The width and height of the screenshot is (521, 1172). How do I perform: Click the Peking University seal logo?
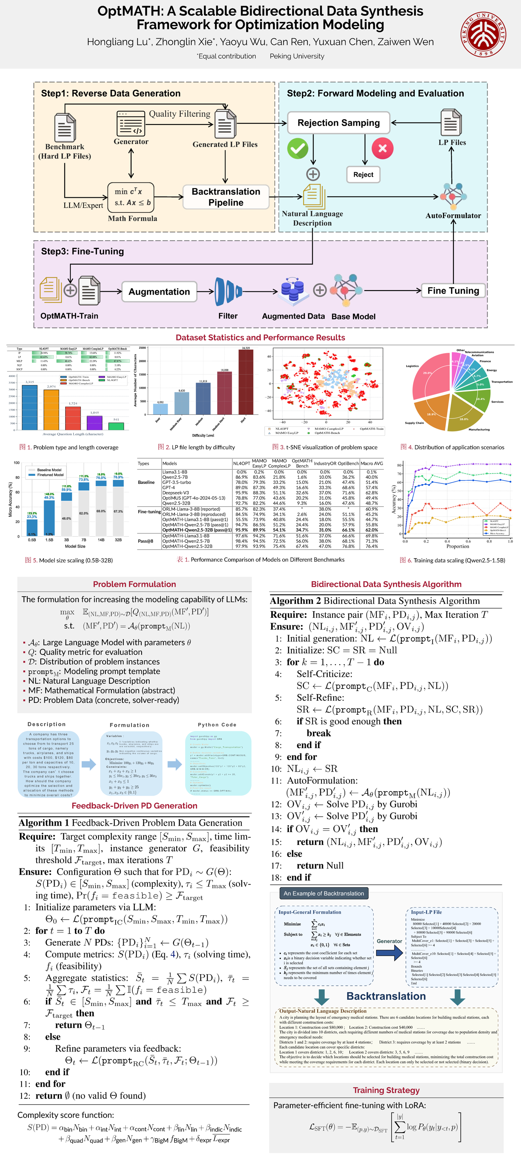coord(483,35)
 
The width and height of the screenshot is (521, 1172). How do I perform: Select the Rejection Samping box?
coord(339,123)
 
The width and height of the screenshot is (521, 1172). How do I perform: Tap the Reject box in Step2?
coord(363,175)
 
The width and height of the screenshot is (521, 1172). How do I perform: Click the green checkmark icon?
coord(298,148)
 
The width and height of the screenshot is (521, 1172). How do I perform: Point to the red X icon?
coord(382,148)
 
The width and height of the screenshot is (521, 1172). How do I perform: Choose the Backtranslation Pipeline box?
coord(225,197)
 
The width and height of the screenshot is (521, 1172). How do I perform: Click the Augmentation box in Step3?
coord(159,292)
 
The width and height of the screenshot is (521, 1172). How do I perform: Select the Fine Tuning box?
coord(453,291)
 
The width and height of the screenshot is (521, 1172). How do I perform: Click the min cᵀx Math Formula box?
coord(131,197)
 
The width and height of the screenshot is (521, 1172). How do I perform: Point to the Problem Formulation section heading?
coord(134,584)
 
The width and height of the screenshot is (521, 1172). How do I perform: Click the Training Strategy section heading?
coord(386,1090)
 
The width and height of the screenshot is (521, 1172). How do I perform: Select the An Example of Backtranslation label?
coord(324,894)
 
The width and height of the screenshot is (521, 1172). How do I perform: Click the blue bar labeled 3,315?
coord(30,407)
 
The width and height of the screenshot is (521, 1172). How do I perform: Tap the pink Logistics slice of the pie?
coord(430,375)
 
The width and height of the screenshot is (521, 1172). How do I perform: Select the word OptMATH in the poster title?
coord(129,11)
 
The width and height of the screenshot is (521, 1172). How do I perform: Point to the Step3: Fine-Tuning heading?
coord(82,251)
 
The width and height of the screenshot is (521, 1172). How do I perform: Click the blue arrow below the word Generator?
coord(390,952)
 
